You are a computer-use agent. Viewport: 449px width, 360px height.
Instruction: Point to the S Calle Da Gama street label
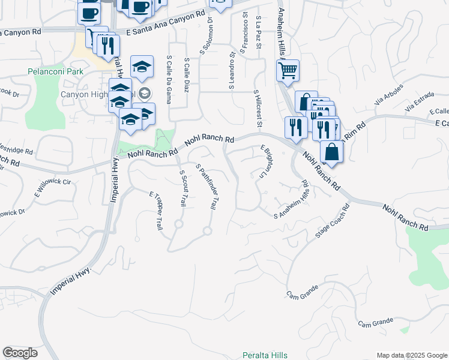pos(169,80)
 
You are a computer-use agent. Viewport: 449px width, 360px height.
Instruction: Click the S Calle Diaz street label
pos(187,77)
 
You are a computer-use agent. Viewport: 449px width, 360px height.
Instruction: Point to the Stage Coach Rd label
pos(333,223)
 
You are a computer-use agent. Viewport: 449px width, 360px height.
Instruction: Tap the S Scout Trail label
pos(183,188)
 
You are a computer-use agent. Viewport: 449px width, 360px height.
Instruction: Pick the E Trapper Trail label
pos(155,210)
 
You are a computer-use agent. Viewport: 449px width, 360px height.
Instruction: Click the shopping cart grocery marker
pos(287,71)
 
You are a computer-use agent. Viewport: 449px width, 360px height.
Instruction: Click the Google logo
pos(20,353)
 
